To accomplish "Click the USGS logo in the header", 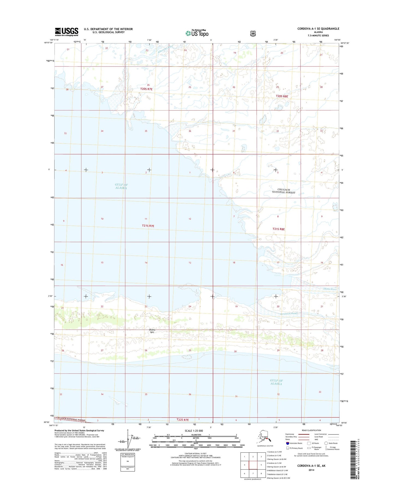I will point(67,32).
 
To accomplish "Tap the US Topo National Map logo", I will point(197,33).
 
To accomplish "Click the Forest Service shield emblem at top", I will point(252,34).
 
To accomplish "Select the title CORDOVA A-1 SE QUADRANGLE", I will point(318,29).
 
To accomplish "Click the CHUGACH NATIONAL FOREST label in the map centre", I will point(284,191).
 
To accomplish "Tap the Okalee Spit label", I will point(152,331).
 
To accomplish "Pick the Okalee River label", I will point(330,289).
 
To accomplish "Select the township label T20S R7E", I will point(146,89).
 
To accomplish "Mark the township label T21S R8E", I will point(278,229).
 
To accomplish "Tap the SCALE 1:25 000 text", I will point(194,431).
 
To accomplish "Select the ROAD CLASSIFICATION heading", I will point(311,430).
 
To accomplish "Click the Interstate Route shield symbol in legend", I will point(287,443).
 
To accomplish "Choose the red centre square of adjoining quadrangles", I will point(253,465).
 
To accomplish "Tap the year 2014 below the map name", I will point(311,470).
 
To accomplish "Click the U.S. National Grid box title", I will point(127,454).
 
